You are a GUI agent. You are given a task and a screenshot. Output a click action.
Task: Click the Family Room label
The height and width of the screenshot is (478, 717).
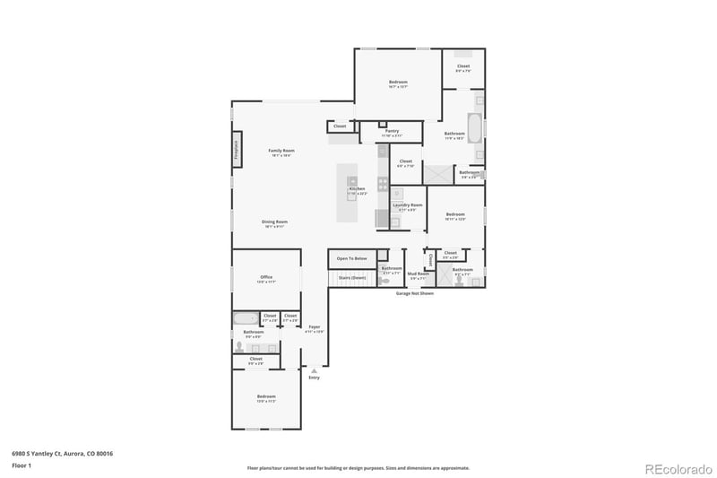click(x=282, y=151)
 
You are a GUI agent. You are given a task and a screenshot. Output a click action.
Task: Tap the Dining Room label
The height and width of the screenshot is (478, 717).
click(x=274, y=222)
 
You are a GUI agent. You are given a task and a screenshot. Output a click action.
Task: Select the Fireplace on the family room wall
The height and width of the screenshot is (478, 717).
click(x=237, y=150)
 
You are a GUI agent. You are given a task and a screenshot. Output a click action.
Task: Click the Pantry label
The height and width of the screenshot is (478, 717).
click(x=392, y=131)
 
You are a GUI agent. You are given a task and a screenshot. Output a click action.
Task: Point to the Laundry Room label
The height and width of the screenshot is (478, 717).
click(x=407, y=204)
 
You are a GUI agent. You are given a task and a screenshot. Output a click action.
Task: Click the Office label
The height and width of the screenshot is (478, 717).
click(x=266, y=277)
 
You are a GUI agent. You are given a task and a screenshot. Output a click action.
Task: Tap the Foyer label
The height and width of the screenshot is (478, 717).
click(x=314, y=326)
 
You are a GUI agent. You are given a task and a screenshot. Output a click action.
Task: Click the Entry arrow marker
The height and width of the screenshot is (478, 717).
click(x=314, y=370)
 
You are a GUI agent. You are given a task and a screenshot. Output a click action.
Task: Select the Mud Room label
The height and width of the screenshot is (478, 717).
click(x=418, y=274)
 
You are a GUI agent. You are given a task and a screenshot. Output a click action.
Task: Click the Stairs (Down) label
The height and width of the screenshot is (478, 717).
click(x=351, y=278)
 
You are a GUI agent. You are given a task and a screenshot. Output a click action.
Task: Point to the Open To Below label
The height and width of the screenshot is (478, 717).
click(x=351, y=258)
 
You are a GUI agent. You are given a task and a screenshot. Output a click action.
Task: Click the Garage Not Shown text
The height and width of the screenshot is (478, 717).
click(x=414, y=293)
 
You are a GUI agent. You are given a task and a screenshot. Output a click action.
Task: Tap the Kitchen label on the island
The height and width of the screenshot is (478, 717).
click(x=357, y=189)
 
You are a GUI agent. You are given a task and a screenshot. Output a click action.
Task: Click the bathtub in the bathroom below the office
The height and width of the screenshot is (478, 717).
click(x=246, y=317)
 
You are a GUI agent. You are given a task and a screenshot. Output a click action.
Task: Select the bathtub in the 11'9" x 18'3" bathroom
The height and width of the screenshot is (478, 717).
click(x=475, y=130)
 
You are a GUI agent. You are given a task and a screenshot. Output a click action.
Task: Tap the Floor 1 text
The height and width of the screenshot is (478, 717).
click(x=22, y=466)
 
